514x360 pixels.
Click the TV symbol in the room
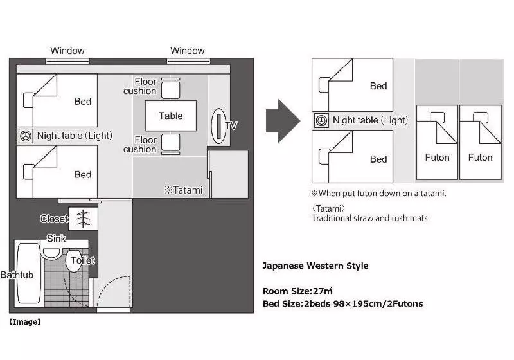pos(218,126)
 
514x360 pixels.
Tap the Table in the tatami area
pos(171,116)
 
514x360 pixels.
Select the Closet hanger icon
pos(84,219)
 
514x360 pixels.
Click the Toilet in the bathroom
pos(75,260)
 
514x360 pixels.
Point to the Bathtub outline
pos(29,273)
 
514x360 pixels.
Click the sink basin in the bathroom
pos(51,253)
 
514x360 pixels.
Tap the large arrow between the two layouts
pos(283,121)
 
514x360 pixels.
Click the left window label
pos(67,51)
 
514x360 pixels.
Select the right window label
pos(188,51)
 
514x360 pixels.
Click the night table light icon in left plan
pos(26,136)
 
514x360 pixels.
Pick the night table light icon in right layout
pos(321,120)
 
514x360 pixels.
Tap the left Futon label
pos(437,157)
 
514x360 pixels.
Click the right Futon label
pos(480,157)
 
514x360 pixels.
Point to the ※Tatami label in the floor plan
pos(184,190)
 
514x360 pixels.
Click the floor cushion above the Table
pos(171,89)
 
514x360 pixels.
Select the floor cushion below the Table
pos(171,143)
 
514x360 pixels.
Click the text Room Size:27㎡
pos(297,291)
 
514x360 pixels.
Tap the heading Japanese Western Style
pos(315,265)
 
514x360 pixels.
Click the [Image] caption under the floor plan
pos(25,322)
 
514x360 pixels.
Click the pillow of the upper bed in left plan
pos(28,100)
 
